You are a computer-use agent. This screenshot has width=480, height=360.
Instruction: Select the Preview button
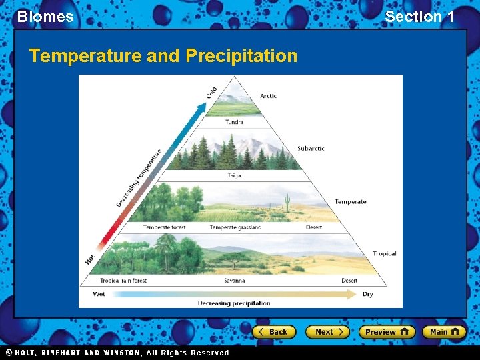click(x=387, y=331)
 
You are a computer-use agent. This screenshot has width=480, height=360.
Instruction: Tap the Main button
click(x=443, y=331)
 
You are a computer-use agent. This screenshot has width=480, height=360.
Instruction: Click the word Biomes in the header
click(x=45, y=17)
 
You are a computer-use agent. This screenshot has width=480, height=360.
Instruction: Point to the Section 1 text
click(x=419, y=17)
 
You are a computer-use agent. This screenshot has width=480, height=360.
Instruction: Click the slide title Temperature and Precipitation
click(x=163, y=56)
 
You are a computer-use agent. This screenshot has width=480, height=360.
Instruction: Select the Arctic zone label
click(x=268, y=96)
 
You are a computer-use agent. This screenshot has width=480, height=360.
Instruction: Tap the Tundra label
click(x=234, y=122)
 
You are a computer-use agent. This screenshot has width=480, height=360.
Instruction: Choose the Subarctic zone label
click(x=311, y=149)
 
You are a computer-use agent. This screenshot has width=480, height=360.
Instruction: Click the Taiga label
click(x=234, y=176)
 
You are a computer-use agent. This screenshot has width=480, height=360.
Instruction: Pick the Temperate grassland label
click(x=235, y=227)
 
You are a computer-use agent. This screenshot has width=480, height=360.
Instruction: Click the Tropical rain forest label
click(x=123, y=281)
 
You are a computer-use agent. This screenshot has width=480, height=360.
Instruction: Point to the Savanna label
click(x=234, y=281)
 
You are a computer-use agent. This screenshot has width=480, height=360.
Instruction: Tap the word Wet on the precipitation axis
click(x=99, y=294)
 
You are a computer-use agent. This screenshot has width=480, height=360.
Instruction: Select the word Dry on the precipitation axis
click(x=367, y=294)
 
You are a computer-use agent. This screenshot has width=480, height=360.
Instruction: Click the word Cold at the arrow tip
click(x=211, y=91)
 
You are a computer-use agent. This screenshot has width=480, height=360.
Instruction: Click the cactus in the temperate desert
click(x=287, y=203)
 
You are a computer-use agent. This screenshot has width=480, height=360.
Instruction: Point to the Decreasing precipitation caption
click(x=234, y=303)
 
